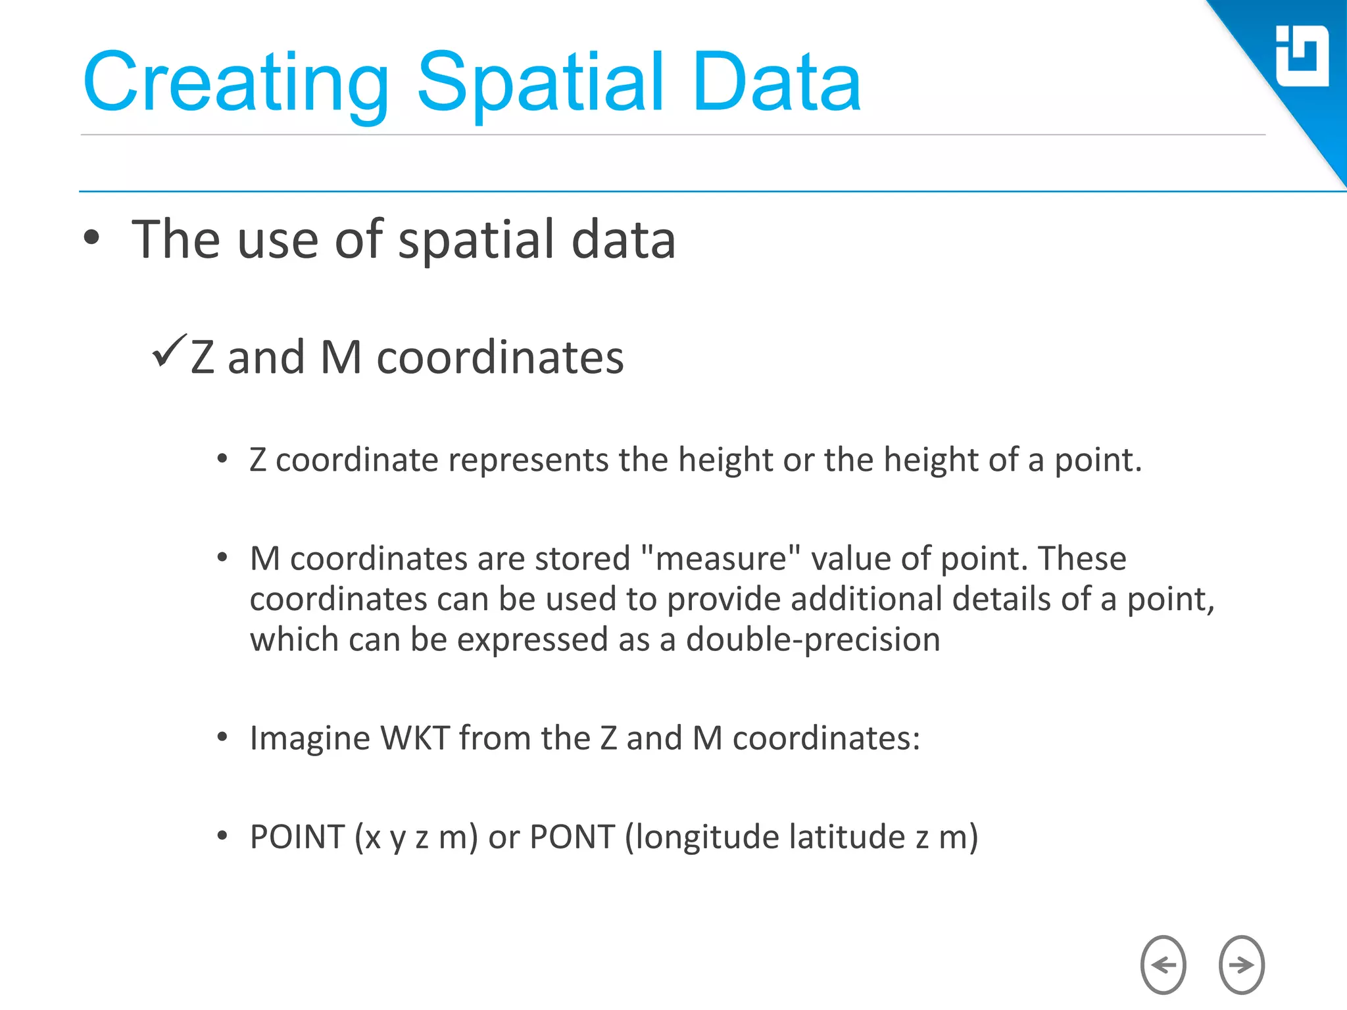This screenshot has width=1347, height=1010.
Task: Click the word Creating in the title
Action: (x=237, y=83)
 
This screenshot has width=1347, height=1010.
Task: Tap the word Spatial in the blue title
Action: (x=540, y=83)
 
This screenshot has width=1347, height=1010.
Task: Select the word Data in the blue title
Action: (x=776, y=83)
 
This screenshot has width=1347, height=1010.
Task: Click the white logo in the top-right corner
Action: (x=1302, y=56)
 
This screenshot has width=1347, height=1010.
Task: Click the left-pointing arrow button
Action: (x=1163, y=965)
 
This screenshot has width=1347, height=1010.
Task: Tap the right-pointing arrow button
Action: (x=1241, y=965)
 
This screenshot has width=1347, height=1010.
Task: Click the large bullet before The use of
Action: (x=92, y=238)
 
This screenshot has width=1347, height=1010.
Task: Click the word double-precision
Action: (x=813, y=640)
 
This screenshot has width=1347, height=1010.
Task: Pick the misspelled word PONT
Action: (x=572, y=837)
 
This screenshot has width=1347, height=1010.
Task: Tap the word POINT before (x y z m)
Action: (x=297, y=837)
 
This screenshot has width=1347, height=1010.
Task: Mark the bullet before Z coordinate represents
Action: (x=222, y=459)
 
